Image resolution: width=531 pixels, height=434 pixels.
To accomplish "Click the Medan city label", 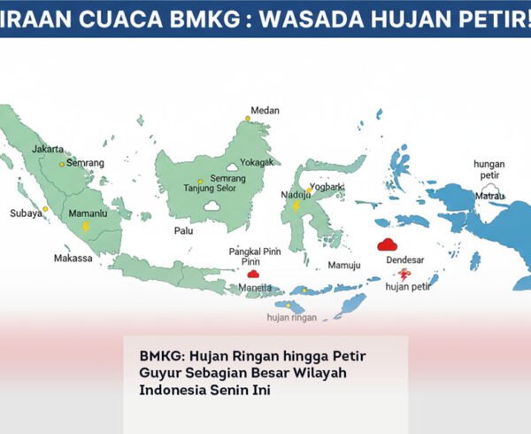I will (x=265, y=111).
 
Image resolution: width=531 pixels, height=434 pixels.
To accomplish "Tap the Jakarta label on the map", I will (x=48, y=149).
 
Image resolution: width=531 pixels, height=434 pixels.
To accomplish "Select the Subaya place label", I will (x=26, y=213).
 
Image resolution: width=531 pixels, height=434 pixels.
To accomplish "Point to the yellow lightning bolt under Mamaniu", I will (x=86, y=227).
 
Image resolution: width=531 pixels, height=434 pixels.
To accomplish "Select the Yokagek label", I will (x=257, y=162).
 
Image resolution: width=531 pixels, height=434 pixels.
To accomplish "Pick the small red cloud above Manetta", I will (x=252, y=275).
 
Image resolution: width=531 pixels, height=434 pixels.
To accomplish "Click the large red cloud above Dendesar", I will (x=386, y=245).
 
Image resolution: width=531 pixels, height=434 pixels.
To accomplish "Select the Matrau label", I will (x=489, y=195).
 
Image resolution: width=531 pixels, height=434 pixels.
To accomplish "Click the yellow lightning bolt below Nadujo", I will (x=296, y=206).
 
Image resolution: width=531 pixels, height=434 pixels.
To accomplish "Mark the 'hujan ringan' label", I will (x=292, y=316).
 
